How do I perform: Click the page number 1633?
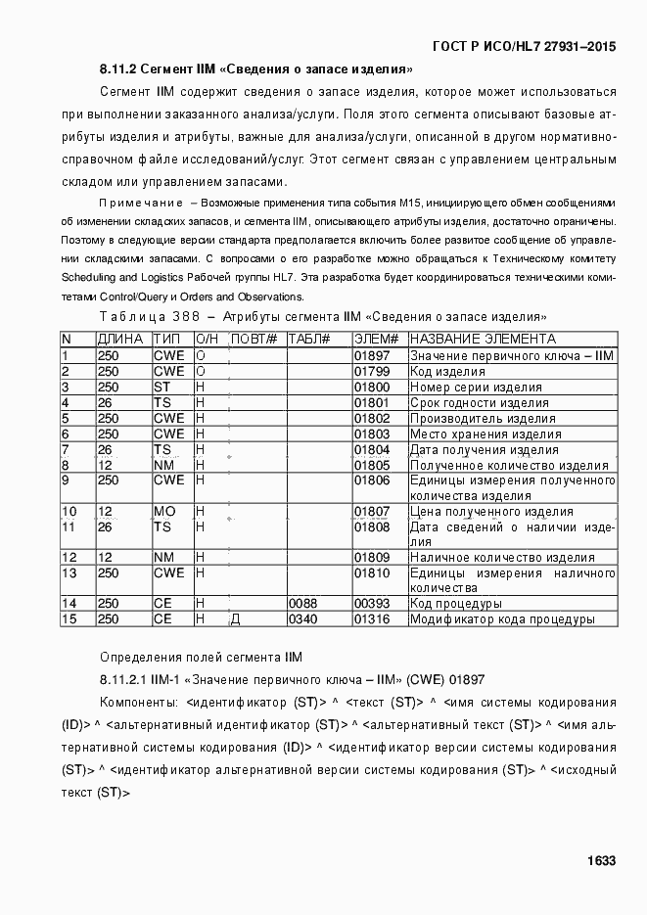pyautogui.click(x=601, y=860)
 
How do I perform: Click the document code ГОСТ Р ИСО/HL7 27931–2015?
pyautogui.click(x=524, y=46)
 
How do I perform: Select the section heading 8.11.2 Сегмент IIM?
pyautogui.click(x=255, y=69)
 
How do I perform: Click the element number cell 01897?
pyautogui.click(x=372, y=355)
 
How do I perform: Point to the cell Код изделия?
pyautogui.click(x=447, y=371)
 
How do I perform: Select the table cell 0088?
pyautogui.click(x=302, y=604)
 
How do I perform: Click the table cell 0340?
pyautogui.click(x=302, y=619)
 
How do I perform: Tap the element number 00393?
pyautogui.click(x=372, y=604)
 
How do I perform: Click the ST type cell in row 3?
pyautogui.click(x=162, y=387)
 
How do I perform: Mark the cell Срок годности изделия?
pyautogui.click(x=479, y=402)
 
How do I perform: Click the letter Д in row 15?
pyautogui.click(x=235, y=619)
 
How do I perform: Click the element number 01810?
pyautogui.click(x=372, y=572)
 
